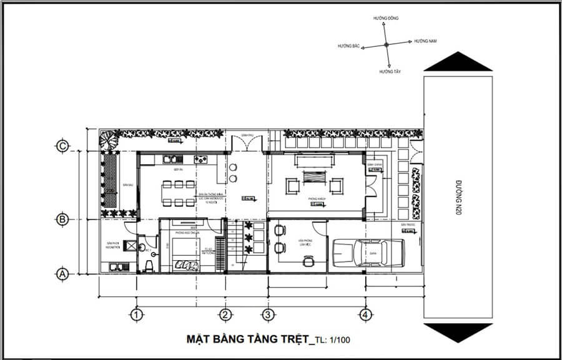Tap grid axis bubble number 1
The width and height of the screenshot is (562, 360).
pos(134,314)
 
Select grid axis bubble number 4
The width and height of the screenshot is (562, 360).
pos(366,314)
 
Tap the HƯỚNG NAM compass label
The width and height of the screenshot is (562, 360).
pos(425,41)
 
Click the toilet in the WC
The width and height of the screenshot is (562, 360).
pos(147,266)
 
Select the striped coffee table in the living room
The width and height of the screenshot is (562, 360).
pos(315,185)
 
